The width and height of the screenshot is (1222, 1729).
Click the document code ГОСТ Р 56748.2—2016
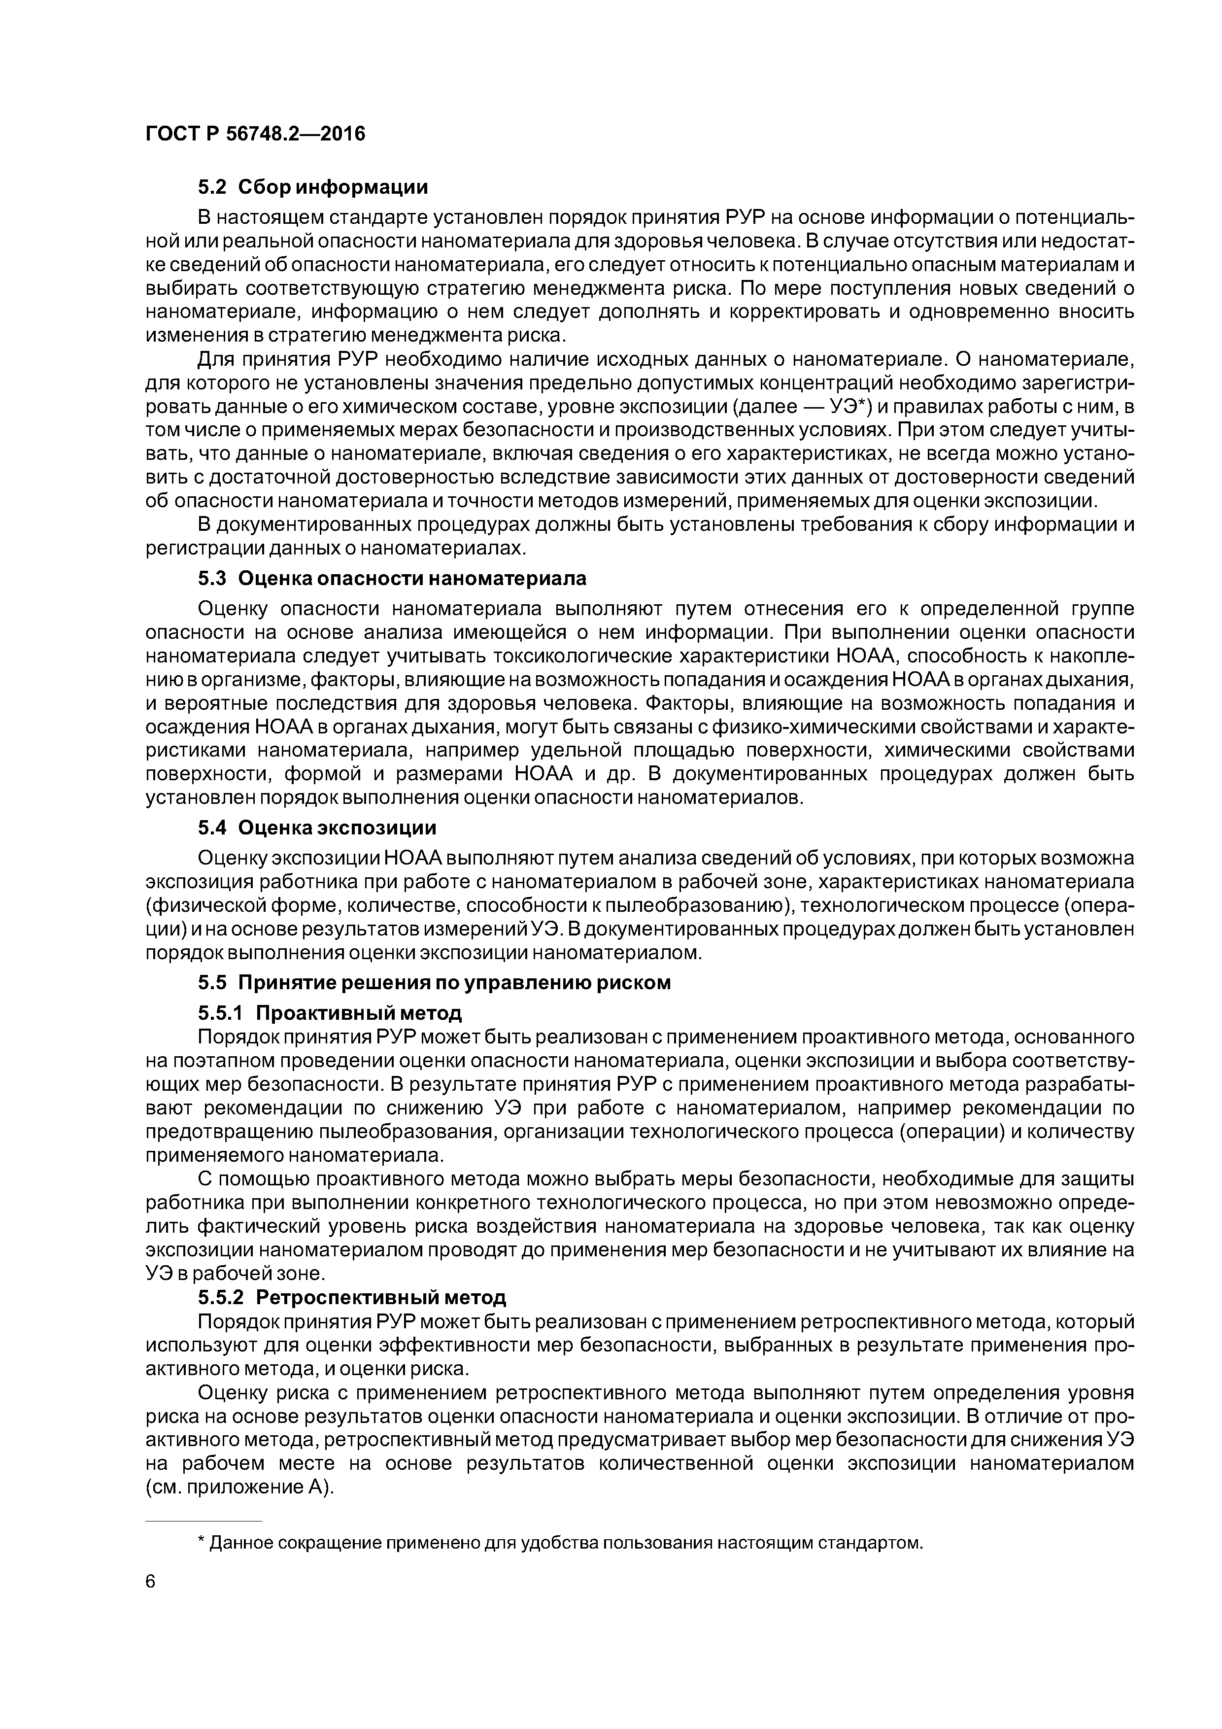(x=254, y=134)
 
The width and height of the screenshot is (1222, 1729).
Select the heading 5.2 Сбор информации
(x=312, y=187)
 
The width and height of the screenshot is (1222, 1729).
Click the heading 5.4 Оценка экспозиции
(x=317, y=828)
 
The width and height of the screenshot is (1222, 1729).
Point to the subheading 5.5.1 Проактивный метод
(x=330, y=1013)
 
